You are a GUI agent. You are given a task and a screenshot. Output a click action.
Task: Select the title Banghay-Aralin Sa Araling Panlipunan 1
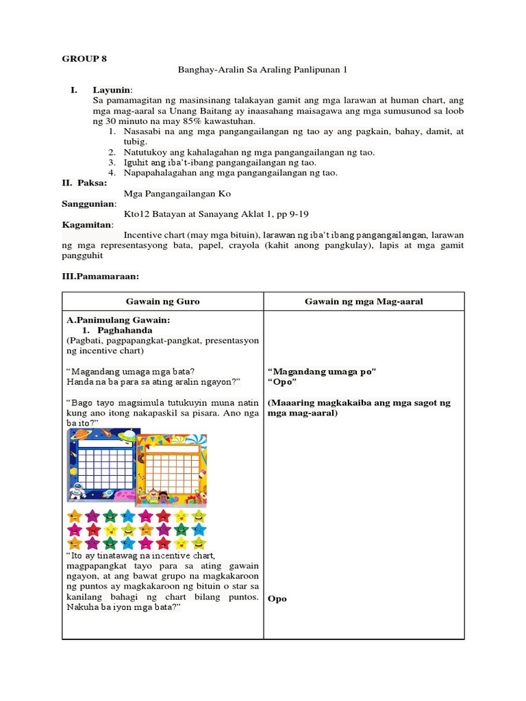pos(263,69)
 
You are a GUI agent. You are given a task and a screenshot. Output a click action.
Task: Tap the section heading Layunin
pos(112,90)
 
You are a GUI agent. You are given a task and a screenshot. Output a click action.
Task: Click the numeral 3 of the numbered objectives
pos(112,162)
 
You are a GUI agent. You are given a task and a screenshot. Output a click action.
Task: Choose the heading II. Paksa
pos(79,183)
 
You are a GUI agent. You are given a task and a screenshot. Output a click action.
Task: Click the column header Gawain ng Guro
pos(162,302)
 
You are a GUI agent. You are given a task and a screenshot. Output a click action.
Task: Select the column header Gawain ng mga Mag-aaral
pos(364,302)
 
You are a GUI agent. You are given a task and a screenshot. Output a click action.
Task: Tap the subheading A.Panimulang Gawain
pos(118,320)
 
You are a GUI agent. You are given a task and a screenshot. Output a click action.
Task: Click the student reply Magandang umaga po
pos(322,371)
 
